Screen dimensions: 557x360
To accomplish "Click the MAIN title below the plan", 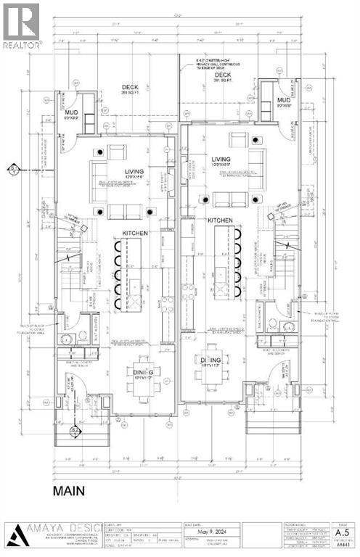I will tap(69, 491).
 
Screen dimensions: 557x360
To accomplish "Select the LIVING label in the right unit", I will tap(220, 160).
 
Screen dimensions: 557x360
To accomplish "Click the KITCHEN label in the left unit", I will tap(134, 233).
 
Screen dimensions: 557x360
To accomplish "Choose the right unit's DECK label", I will tap(223, 74).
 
